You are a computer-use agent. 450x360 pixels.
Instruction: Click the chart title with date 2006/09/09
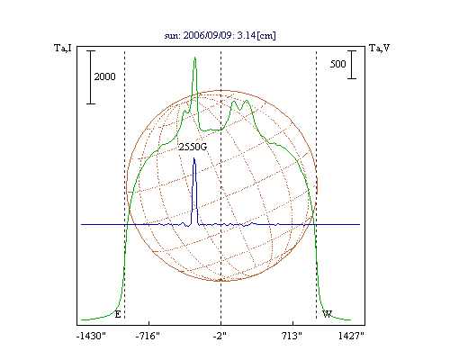pos(220,35)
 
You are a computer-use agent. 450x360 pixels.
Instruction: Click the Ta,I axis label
pos(63,48)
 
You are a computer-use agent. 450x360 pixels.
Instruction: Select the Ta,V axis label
pos(380,48)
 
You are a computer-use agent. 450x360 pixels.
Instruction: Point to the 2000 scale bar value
pos(104,76)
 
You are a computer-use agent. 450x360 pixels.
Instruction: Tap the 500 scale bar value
pos(337,64)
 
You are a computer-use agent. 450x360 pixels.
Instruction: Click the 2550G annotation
pos(193,147)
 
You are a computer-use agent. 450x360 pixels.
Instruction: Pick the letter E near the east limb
pos(118,314)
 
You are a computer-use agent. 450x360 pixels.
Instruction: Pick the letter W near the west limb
pos(327,314)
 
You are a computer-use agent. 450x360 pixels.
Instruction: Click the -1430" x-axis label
pos(91,336)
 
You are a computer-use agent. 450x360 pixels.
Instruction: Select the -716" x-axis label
pos(148,336)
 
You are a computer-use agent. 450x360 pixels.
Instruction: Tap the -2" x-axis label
pos(220,336)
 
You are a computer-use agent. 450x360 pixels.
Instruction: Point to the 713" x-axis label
pos(292,336)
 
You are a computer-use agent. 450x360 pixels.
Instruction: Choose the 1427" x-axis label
pos(351,336)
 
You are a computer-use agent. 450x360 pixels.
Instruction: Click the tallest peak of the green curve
pos(195,58)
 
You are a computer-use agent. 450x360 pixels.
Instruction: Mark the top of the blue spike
pos(194,158)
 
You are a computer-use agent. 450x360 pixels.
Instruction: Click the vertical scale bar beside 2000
pos(91,77)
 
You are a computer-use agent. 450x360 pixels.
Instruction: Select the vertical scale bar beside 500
pos(352,65)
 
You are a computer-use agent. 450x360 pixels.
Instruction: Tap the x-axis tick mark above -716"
pos(148,323)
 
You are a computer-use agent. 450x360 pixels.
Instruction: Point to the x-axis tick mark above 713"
pos(293,323)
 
